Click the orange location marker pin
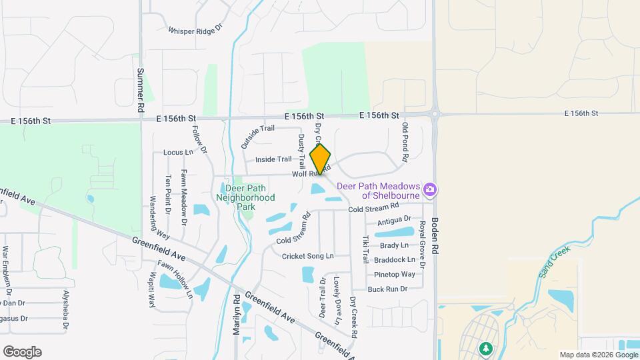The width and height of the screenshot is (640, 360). click(x=320, y=159)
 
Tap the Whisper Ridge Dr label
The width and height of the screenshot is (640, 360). click(x=194, y=31)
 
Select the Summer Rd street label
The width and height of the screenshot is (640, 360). click(x=141, y=89)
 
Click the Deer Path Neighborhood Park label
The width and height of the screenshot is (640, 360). click(x=245, y=193)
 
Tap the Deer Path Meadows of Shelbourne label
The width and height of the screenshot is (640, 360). click(x=378, y=191)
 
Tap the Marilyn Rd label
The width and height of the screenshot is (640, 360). click(x=237, y=316)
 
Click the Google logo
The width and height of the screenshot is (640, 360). click(x=22, y=352)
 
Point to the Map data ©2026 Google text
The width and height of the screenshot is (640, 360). click(x=597, y=355)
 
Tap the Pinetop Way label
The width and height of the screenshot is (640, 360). click(x=395, y=274)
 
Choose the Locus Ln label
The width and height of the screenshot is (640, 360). click(x=178, y=152)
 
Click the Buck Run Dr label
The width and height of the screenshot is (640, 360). click(x=387, y=289)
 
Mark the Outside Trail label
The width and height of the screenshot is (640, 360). click(x=258, y=136)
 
